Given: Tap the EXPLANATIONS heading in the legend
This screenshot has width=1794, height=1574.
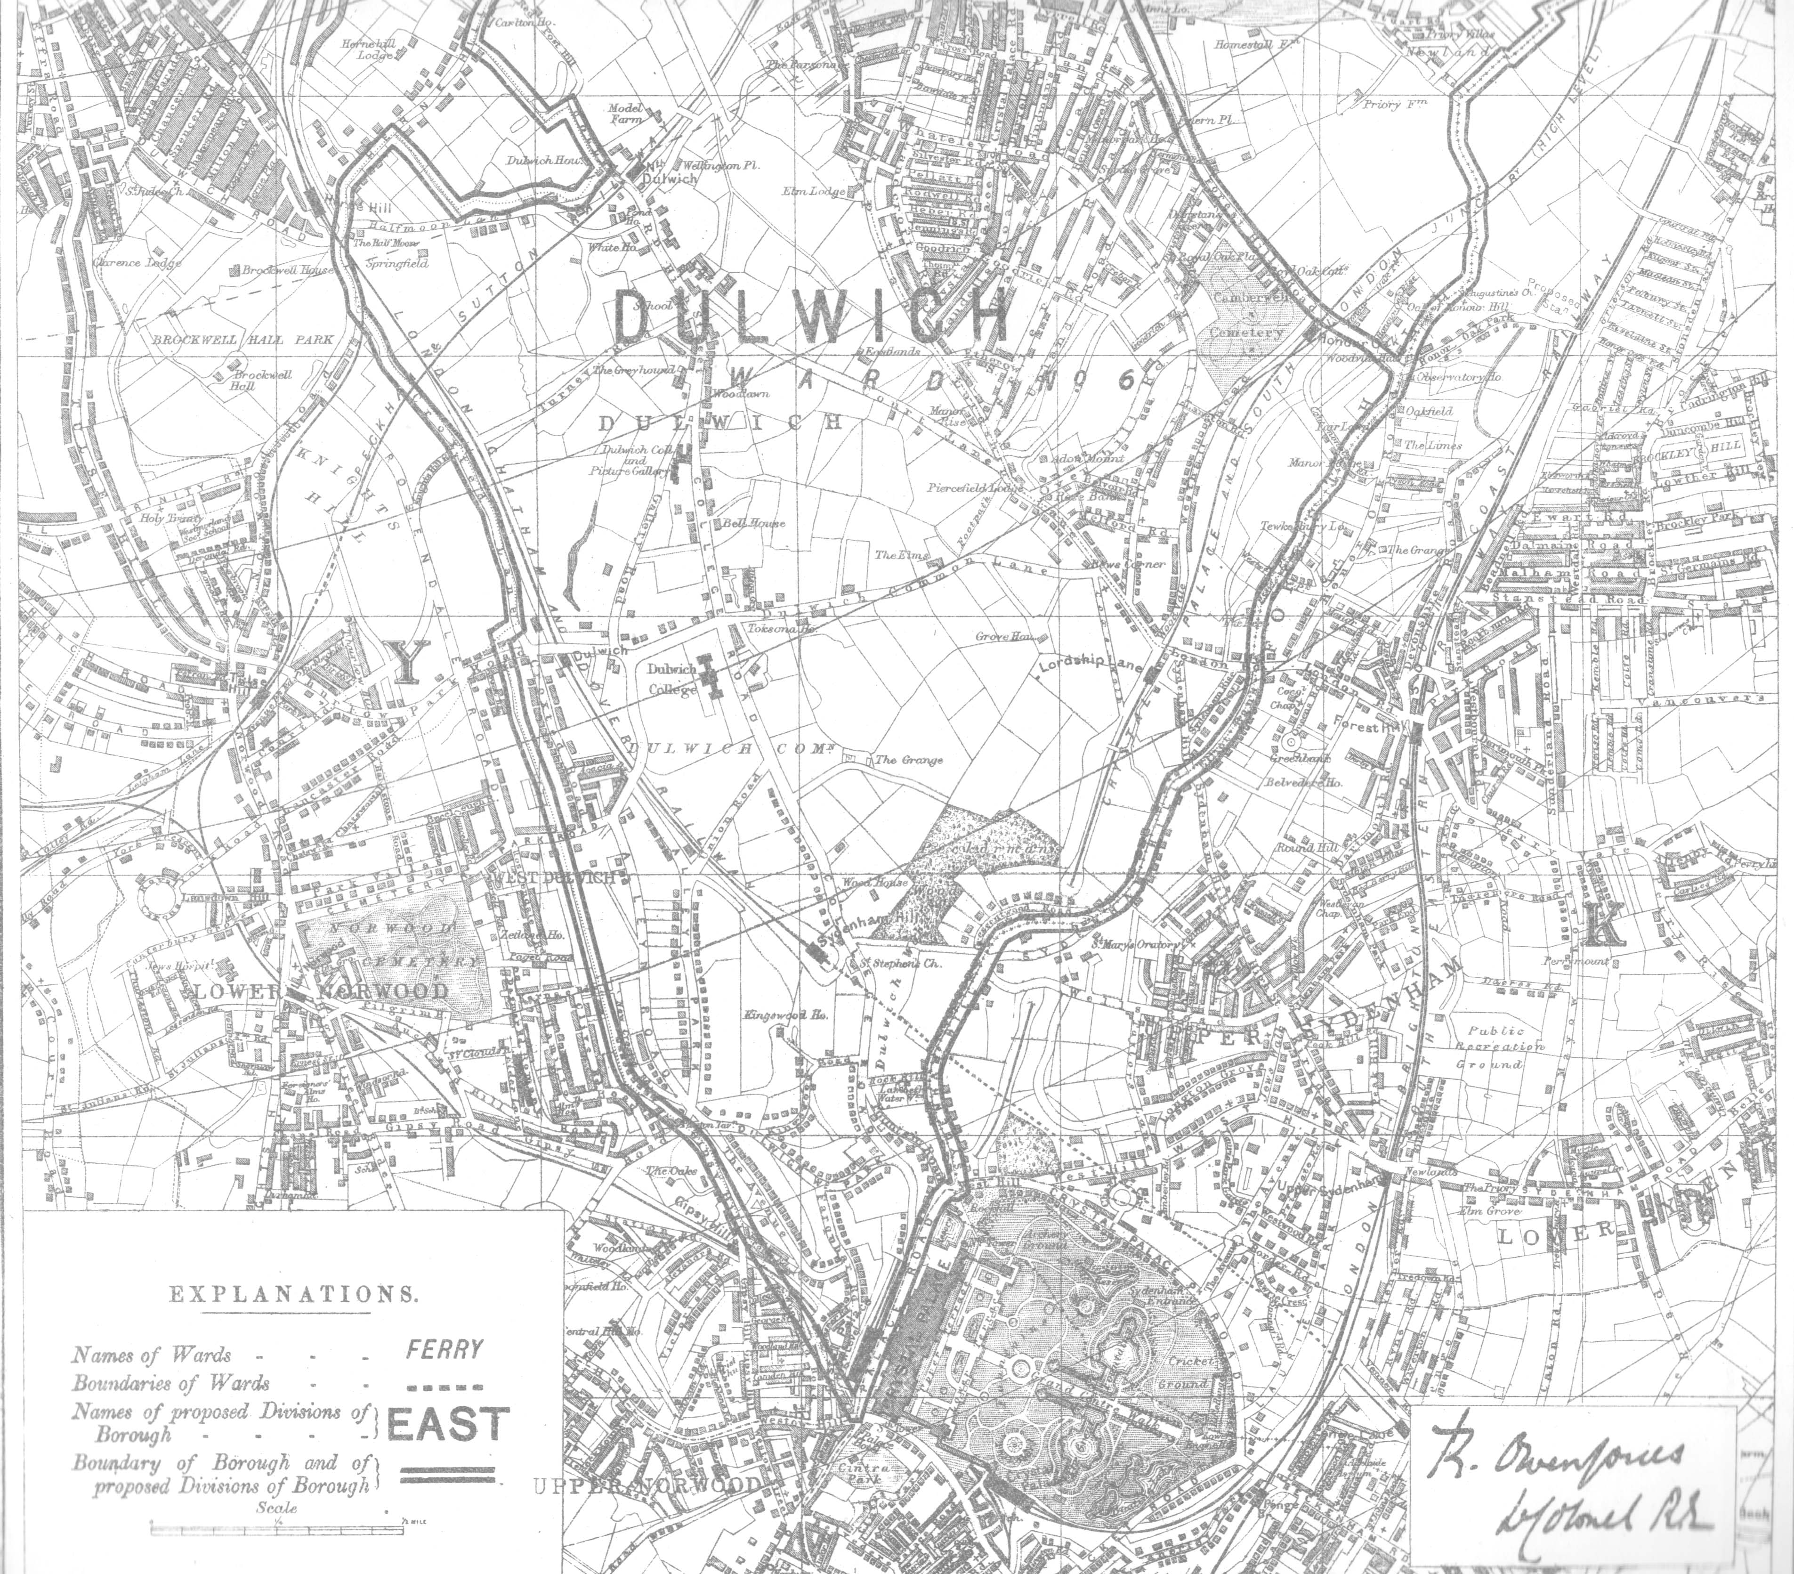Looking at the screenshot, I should tap(293, 1294).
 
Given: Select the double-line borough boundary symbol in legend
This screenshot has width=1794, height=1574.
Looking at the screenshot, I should tap(448, 1475).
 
